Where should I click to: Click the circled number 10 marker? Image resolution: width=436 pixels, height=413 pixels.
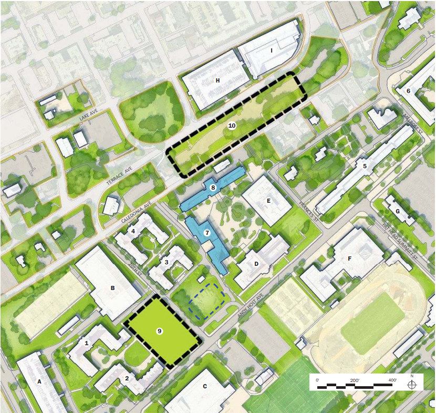tap(232, 126)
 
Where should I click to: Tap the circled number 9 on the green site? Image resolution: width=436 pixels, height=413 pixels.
tap(159, 331)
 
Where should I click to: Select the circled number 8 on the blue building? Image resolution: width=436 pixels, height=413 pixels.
tap(213, 187)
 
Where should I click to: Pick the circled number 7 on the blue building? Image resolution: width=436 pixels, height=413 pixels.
tap(207, 232)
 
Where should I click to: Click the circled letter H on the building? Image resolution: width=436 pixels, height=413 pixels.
tap(217, 80)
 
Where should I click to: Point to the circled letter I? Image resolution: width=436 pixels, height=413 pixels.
tap(272, 50)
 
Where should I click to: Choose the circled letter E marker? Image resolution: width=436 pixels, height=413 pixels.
tap(268, 201)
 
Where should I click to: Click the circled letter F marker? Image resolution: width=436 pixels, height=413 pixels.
tap(349, 258)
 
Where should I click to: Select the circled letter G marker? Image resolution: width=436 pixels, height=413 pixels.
tap(397, 212)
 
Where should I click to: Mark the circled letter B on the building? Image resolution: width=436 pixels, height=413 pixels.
tap(112, 287)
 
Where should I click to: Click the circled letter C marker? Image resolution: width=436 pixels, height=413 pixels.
tap(205, 386)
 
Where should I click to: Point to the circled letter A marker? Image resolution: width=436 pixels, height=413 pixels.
tap(39, 381)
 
